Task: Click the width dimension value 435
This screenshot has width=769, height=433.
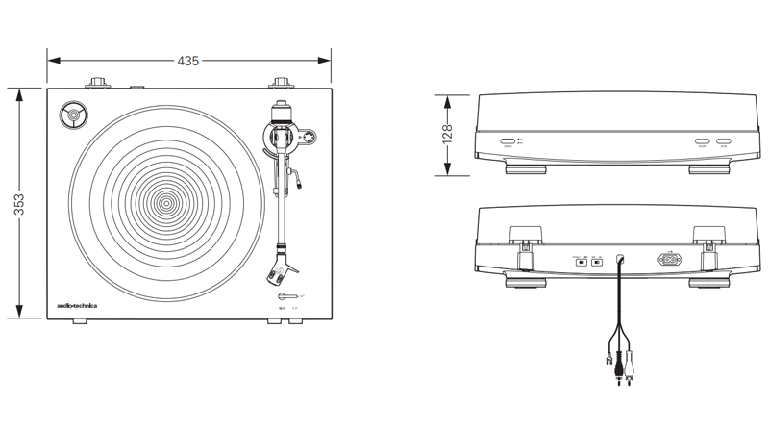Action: point(187,61)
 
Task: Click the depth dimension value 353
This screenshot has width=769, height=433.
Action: point(19,204)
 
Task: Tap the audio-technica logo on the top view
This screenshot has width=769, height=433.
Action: point(77,306)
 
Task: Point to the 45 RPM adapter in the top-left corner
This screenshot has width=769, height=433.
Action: point(73,116)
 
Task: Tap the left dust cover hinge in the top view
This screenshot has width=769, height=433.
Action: point(99,83)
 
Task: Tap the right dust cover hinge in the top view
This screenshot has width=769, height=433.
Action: point(281,83)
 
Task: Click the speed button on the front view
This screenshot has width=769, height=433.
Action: point(507,141)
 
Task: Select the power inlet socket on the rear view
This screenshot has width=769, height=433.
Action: point(669,259)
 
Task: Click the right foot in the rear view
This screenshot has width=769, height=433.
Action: point(708,283)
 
